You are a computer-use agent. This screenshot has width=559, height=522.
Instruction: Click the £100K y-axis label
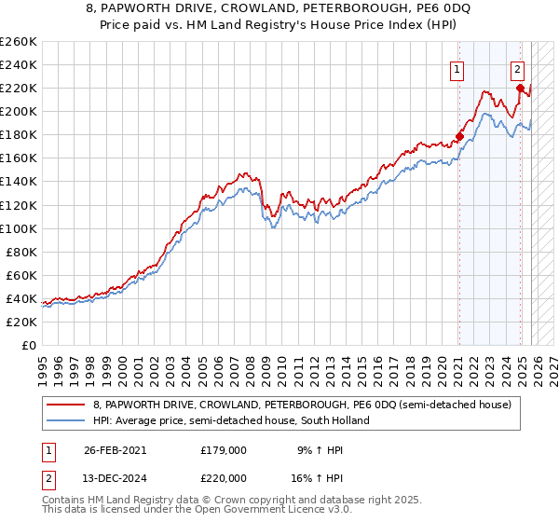[18, 228]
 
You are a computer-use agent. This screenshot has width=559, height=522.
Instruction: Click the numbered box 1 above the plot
[458, 68]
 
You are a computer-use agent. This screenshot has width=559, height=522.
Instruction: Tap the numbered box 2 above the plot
[518, 68]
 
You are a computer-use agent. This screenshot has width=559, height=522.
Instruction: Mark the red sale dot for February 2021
[459, 136]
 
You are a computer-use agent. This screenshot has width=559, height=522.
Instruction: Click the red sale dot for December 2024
[520, 88]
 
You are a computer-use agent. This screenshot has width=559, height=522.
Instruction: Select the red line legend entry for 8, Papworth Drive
[289, 405]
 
